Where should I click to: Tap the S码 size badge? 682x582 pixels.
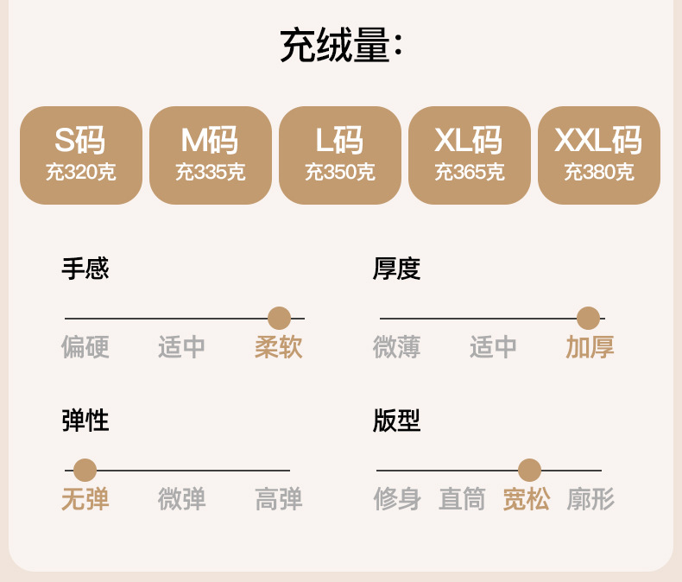pyautogui.click(x=81, y=155)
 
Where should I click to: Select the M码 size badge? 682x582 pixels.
pyautogui.click(x=211, y=155)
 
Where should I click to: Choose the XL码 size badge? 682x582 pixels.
pyautogui.click(x=470, y=155)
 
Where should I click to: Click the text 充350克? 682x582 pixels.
pyautogui.click(x=340, y=172)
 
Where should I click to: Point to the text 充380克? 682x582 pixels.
pyautogui.click(x=599, y=172)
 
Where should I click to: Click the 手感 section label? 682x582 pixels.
pyautogui.click(x=85, y=269)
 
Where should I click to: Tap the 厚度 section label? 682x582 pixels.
pyautogui.click(x=396, y=269)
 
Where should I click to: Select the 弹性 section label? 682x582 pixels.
pyautogui.click(x=85, y=421)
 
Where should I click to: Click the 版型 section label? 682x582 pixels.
pyautogui.click(x=396, y=421)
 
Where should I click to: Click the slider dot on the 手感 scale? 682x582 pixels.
pyautogui.click(x=279, y=318)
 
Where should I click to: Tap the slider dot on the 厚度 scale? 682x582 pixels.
pyautogui.click(x=588, y=318)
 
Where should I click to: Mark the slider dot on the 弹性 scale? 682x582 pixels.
pyautogui.click(x=85, y=470)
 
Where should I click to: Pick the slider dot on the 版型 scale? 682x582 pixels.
pyautogui.click(x=529, y=470)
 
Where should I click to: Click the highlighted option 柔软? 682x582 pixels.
pyautogui.click(x=279, y=347)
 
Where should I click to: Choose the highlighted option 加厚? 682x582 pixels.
pyautogui.click(x=590, y=347)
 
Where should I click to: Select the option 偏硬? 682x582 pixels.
pyautogui.click(x=85, y=347)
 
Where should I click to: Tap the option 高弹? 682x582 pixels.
pyautogui.click(x=279, y=499)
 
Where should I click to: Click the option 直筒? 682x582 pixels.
pyautogui.click(x=462, y=499)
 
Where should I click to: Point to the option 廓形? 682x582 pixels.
pyautogui.click(x=590, y=499)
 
